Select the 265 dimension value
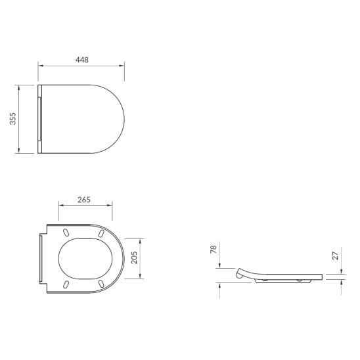[x=84, y=200]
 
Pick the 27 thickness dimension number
[x=335, y=256]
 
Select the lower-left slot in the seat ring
[x=66, y=283]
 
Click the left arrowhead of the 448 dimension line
[x=40, y=65]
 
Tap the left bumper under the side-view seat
[x=264, y=279]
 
